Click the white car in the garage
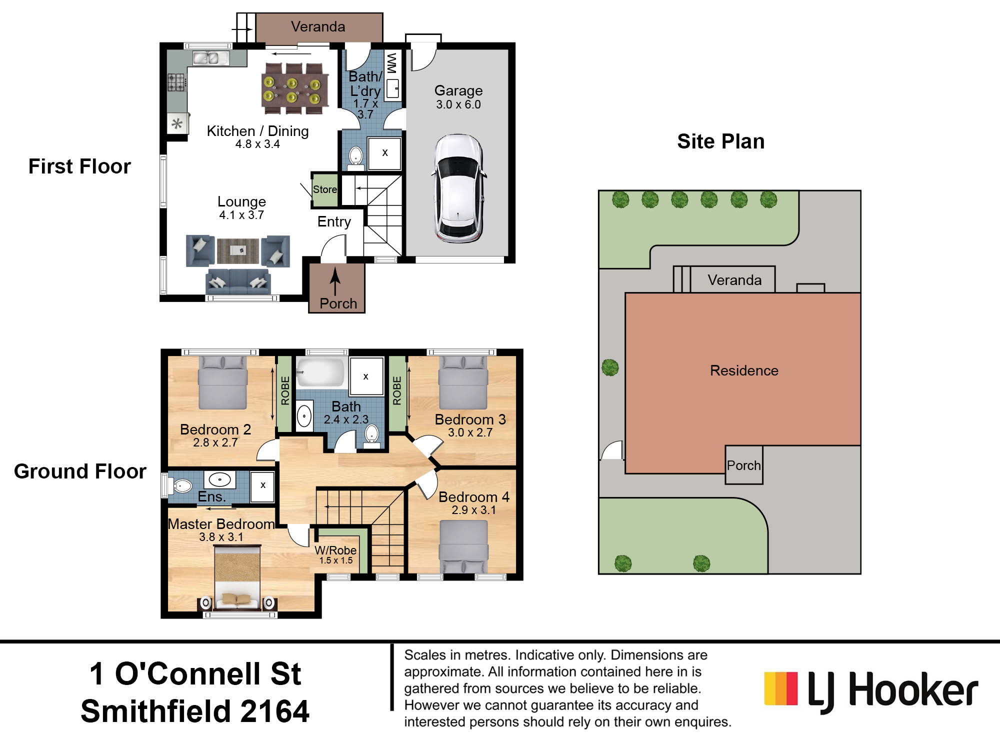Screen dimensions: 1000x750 (458, 188)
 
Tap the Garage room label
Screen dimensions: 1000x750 (458, 90)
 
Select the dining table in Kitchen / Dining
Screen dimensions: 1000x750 (295, 89)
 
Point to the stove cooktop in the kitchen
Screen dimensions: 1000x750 (176, 82)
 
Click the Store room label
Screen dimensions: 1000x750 (325, 189)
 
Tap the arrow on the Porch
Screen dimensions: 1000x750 (335, 281)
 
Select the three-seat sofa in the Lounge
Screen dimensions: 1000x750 (238, 281)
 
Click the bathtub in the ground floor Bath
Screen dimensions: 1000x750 (320, 372)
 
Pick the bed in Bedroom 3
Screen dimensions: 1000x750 (463, 382)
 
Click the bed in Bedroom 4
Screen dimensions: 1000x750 (463, 546)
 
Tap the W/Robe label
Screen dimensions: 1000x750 (335, 550)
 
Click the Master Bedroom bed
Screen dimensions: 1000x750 (237, 577)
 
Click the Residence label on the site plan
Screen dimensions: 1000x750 (744, 370)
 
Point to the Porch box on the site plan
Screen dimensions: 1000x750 (744, 465)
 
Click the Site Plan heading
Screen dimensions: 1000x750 (721, 141)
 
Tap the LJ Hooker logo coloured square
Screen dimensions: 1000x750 (781, 688)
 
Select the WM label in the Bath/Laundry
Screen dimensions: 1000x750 (392, 63)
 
